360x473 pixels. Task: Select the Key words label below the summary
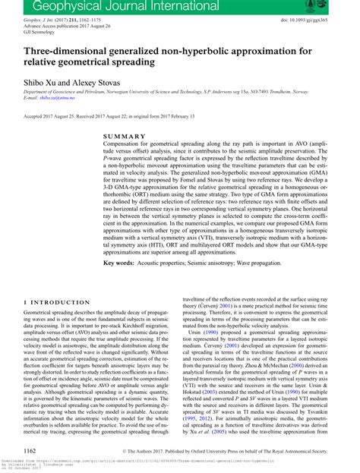[x=122, y=262]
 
